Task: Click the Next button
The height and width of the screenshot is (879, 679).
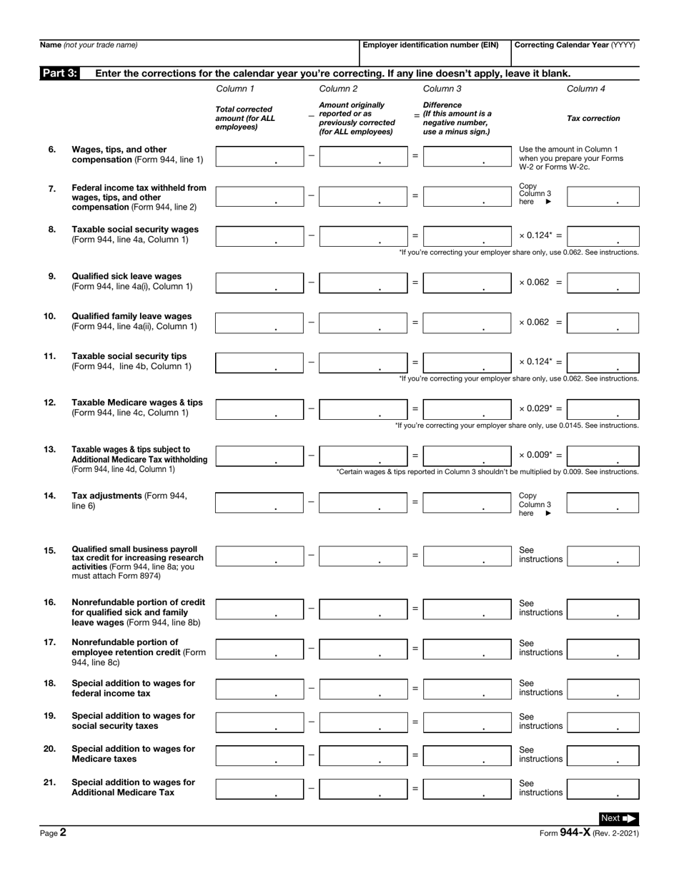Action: tap(618, 818)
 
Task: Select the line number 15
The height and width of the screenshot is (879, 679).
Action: tap(50, 550)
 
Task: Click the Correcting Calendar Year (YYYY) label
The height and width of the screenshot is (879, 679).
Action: tap(575, 45)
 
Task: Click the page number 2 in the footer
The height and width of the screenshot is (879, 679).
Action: tap(63, 833)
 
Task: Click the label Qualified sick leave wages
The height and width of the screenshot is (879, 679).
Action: tap(127, 276)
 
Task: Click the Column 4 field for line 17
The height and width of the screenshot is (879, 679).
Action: tap(603, 649)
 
